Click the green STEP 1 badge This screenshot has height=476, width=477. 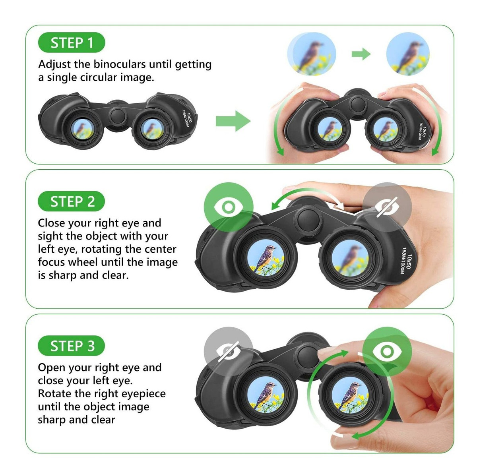72,43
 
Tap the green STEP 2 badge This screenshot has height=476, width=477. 72,201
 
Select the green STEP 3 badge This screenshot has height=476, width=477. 72,346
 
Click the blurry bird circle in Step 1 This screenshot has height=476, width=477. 311,54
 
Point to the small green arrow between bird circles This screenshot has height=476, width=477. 361,54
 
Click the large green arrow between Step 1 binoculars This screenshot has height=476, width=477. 233,121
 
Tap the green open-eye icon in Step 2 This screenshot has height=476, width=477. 229,207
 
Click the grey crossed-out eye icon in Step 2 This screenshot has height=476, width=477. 387,207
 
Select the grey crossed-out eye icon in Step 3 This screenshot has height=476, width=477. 229,352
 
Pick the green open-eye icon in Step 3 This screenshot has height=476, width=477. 387,352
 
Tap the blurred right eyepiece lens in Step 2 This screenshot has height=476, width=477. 350,258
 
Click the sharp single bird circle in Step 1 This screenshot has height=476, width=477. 408,54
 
